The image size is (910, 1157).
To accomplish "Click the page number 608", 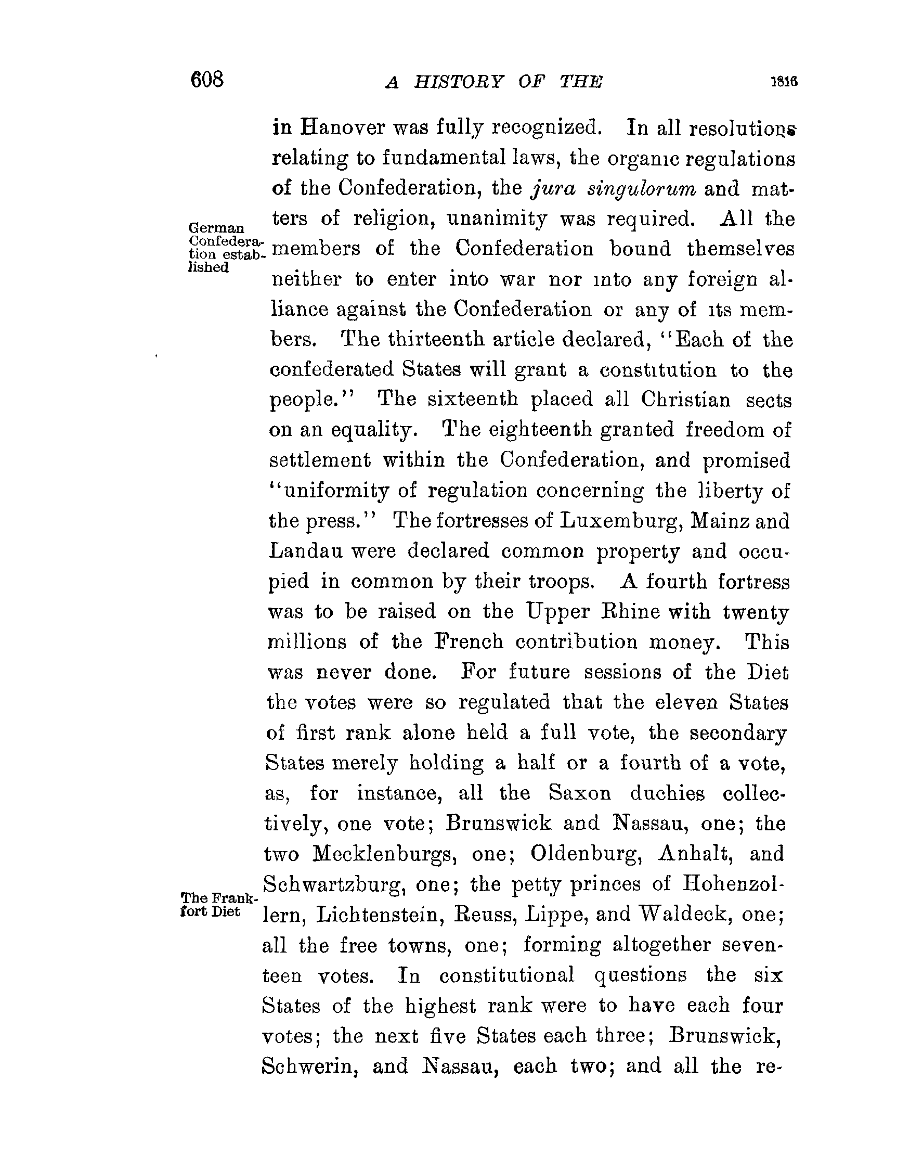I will click(207, 80).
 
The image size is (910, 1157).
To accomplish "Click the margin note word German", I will click(216, 228).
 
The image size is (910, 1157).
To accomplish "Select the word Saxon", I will click(580, 793).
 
